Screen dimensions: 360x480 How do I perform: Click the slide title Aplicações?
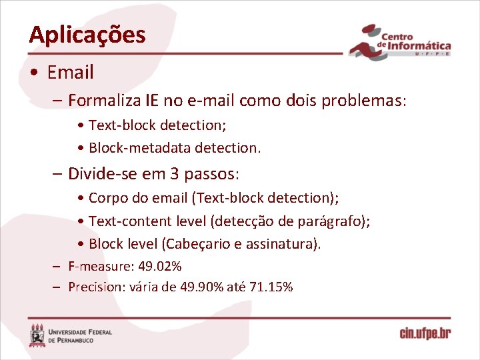[87, 35]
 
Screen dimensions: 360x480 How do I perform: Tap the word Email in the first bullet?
[70, 72]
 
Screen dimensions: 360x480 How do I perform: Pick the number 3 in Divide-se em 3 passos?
[175, 175]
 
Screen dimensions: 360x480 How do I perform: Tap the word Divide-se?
[100, 175]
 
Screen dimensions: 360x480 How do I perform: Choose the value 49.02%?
[159, 267]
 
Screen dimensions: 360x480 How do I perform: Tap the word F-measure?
[101, 267]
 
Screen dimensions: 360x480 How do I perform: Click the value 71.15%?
[271, 287]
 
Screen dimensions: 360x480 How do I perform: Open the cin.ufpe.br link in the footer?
[425, 333]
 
